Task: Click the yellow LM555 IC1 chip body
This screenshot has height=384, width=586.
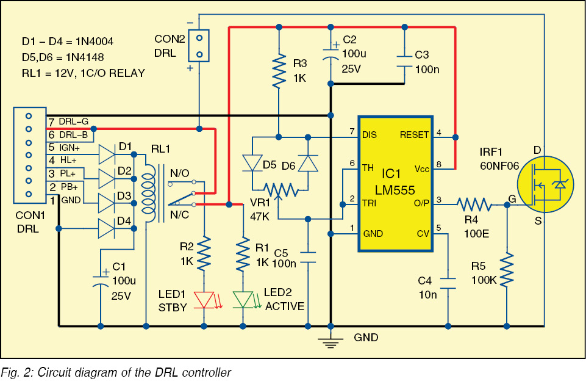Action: coord(395,183)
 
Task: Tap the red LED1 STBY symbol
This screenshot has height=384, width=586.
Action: coord(204,299)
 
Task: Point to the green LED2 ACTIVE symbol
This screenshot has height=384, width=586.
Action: coord(243,299)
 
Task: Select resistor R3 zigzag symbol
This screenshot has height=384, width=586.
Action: coord(279,71)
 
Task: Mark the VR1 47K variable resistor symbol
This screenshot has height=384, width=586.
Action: coord(279,190)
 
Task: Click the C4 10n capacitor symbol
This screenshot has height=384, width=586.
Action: coord(448,282)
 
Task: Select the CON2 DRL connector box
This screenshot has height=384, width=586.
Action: coord(198,46)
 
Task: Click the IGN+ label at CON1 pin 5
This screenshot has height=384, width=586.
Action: coord(71,147)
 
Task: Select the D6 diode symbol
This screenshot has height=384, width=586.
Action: coord(309,163)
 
